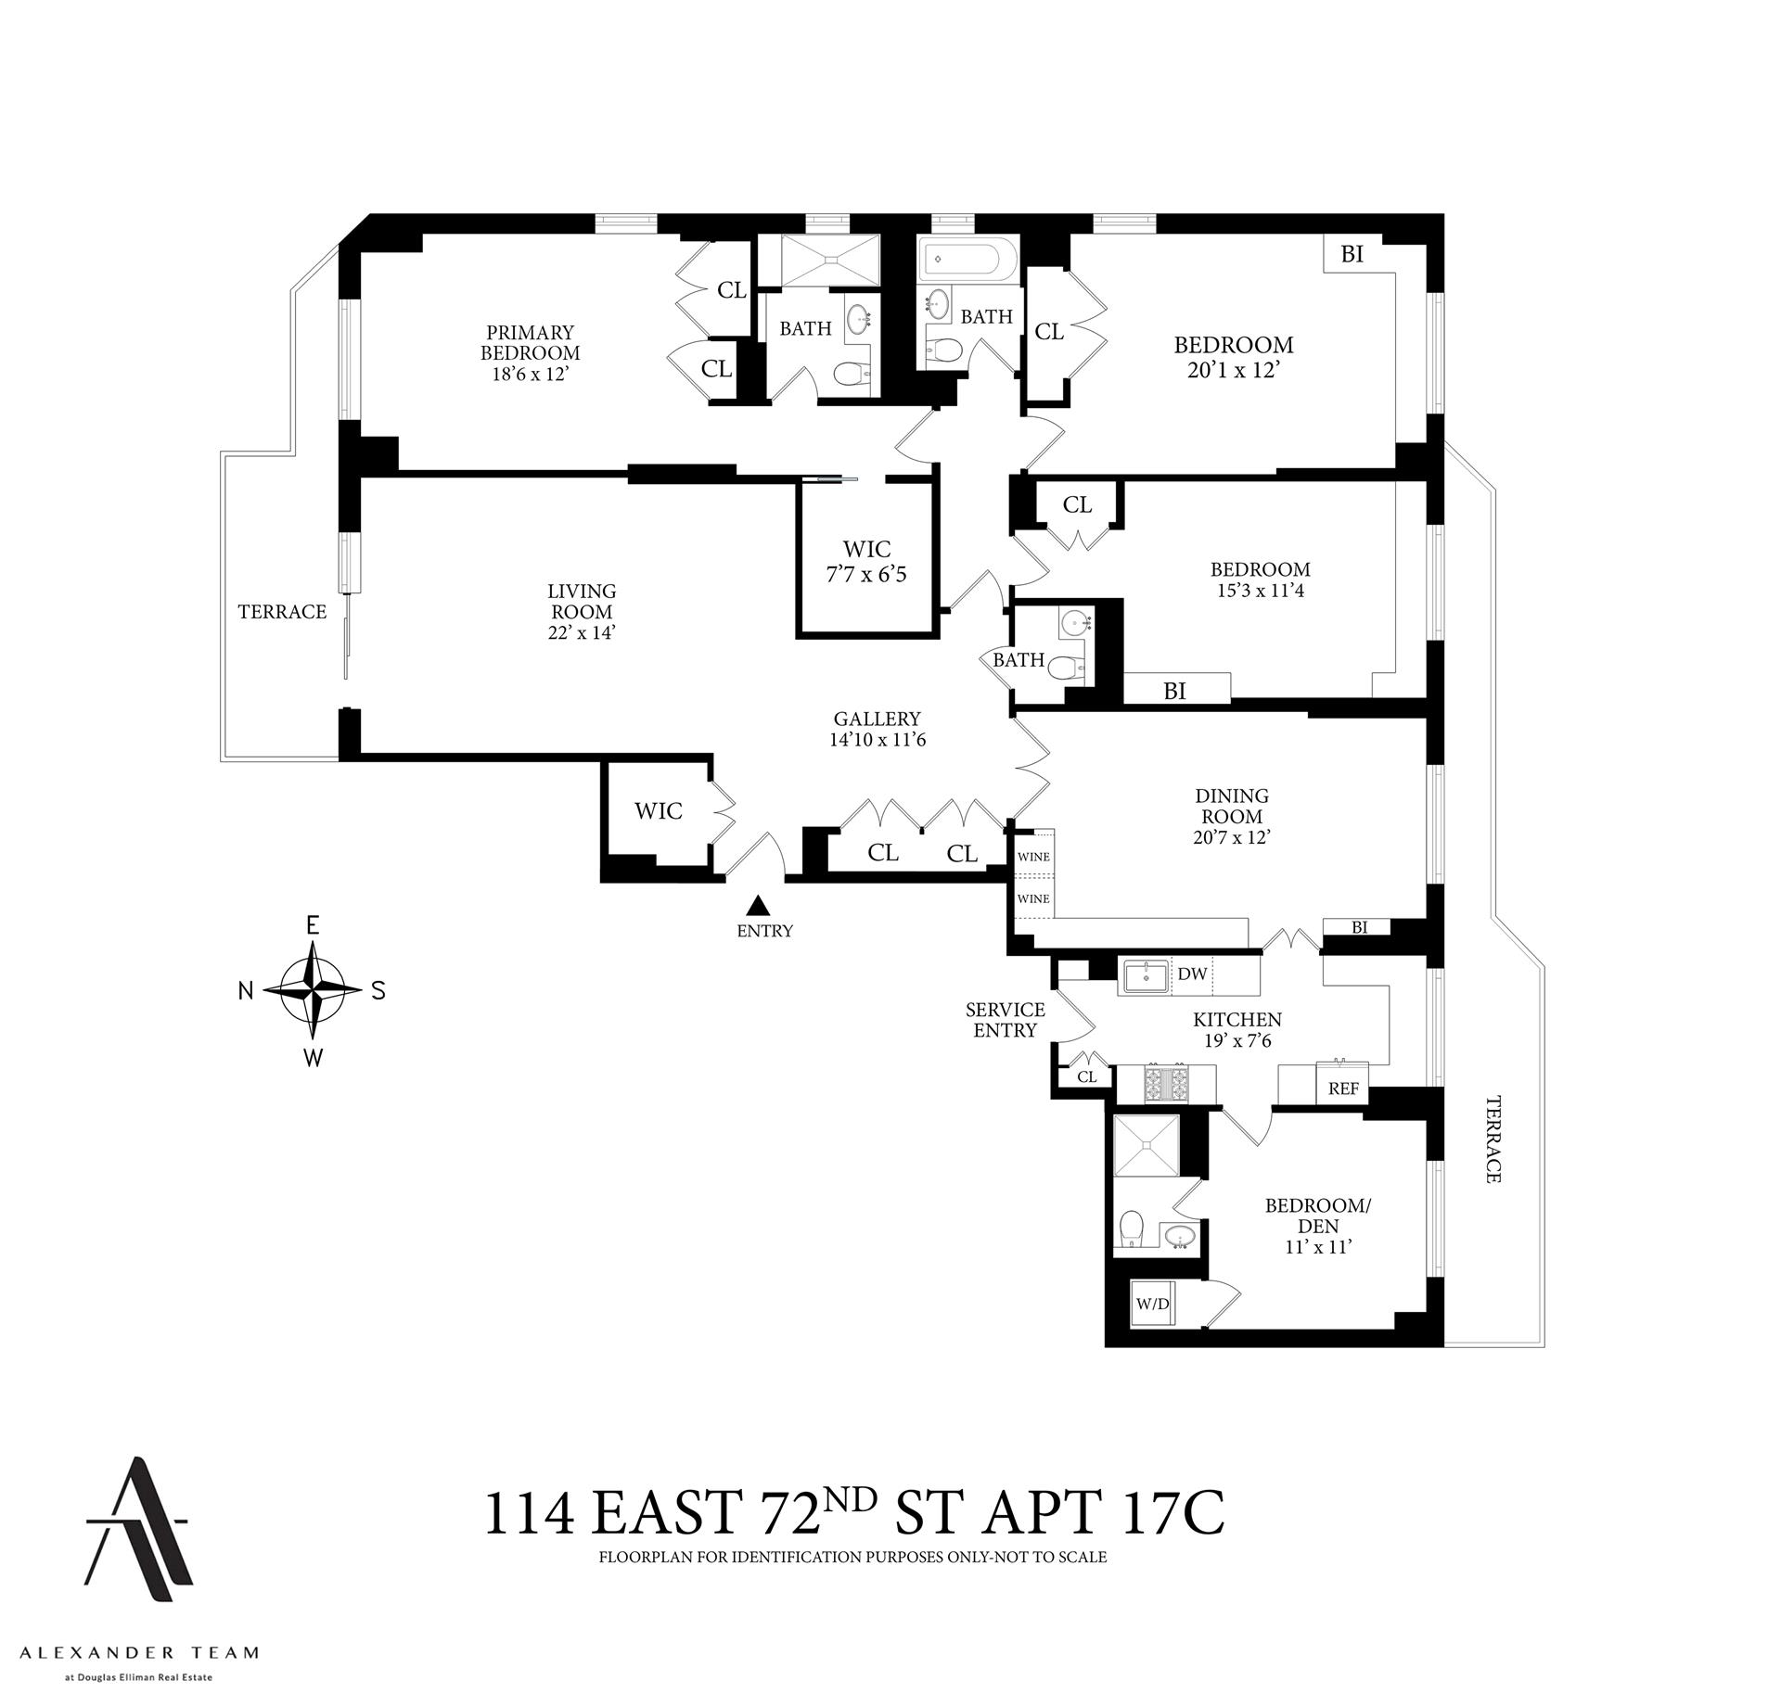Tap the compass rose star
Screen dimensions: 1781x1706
(314, 990)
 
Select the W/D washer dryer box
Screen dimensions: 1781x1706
(1153, 1304)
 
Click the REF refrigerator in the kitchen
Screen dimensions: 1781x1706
(1343, 1088)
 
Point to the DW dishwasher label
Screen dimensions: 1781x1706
(1192, 974)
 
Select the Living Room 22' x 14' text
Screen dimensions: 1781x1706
(582, 611)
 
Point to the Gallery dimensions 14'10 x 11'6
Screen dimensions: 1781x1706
(878, 740)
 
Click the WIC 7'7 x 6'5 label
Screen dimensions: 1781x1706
(866, 562)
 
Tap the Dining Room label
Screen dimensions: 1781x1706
(1232, 806)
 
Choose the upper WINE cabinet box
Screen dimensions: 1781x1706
(1033, 856)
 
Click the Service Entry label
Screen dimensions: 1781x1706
(1005, 1019)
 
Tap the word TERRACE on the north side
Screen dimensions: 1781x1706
(282, 611)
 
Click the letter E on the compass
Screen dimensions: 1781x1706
(313, 925)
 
